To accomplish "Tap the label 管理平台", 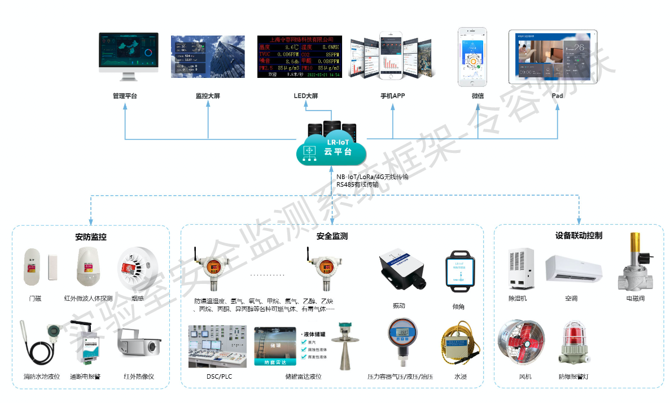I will click(125, 96).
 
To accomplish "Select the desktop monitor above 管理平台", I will click(128, 56).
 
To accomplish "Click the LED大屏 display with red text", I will click(299, 57).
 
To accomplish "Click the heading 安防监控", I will click(91, 236).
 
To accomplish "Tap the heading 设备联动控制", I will click(579, 235).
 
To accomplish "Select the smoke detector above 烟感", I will click(134, 269).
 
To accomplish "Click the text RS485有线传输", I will click(358, 185).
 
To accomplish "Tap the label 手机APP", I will click(393, 96).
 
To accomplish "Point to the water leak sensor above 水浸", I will click(459, 344).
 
